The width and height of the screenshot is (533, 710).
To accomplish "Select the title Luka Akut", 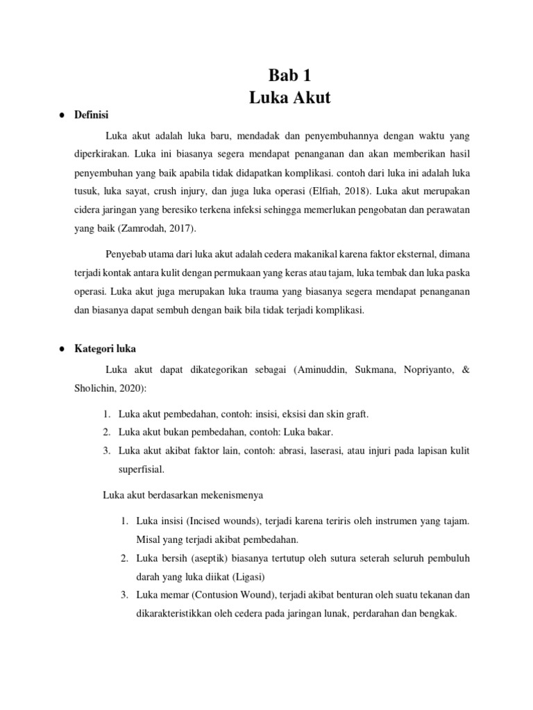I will coord(290,98).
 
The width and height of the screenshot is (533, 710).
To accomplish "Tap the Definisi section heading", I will coord(92,115).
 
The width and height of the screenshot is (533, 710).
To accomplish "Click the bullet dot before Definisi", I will coord(62,115).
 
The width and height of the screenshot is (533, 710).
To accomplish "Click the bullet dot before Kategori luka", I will coord(62,349).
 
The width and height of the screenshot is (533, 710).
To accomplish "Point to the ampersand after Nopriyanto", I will coord(466,370).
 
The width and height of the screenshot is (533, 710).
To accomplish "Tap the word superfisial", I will coord(142,468).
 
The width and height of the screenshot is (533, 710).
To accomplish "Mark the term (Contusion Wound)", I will coord(234,594).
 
